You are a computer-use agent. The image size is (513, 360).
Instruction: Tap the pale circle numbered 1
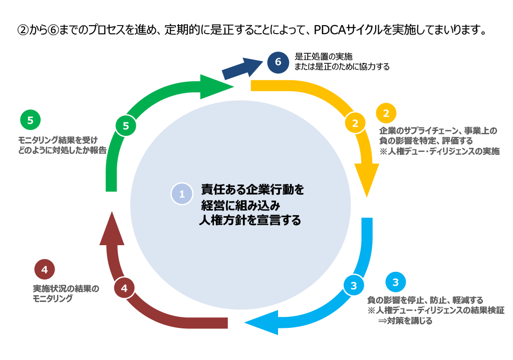[182, 194]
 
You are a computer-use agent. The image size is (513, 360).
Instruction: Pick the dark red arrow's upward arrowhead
[112, 229]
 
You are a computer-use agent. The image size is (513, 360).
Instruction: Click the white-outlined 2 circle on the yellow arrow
[355, 123]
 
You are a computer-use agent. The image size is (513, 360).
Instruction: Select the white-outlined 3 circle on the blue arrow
[354, 286]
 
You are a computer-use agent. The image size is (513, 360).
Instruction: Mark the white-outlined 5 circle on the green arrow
[126, 126]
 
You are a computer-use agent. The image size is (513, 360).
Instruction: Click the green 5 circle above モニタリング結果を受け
[31, 120]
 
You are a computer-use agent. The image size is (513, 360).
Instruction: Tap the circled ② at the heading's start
[23, 30]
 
